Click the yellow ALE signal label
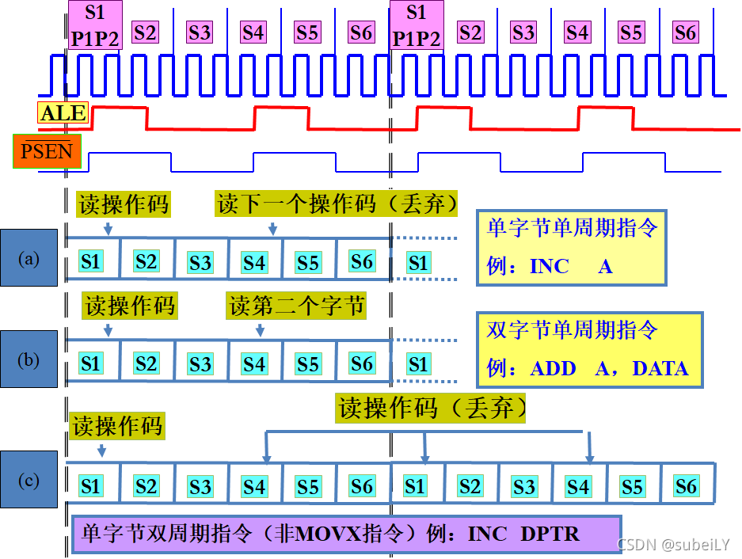[x=63, y=113]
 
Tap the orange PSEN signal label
[x=48, y=151]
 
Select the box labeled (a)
[x=29, y=257]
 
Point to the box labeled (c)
[x=29, y=479]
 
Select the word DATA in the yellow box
[x=660, y=368]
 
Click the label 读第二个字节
[x=297, y=306]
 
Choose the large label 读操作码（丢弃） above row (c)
[x=432, y=409]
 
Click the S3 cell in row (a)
[x=200, y=261]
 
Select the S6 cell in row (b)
[x=362, y=363]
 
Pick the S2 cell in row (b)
[x=146, y=363]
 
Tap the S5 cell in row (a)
[x=308, y=261]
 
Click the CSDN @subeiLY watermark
[x=672, y=545]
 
